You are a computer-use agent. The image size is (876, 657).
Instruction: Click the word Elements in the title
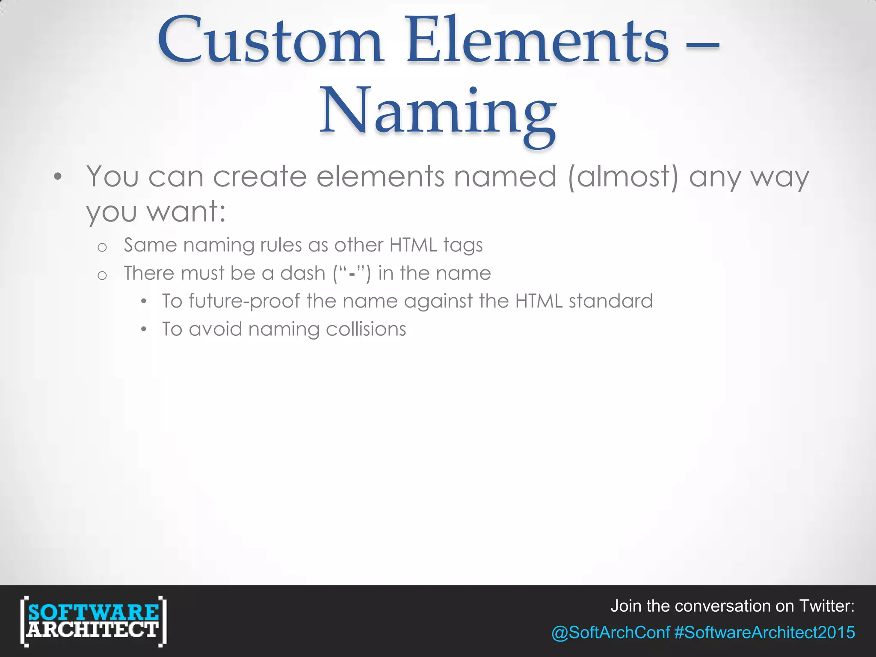[537, 42]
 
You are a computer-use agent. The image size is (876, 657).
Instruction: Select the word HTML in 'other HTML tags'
[413, 245]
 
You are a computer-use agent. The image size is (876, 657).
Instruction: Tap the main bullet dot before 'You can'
[58, 177]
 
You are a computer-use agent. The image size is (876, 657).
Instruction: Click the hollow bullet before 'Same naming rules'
[102, 247]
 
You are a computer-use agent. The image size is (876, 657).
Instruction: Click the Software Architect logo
[93, 621]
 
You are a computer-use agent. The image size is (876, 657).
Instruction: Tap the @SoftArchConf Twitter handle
[610, 632]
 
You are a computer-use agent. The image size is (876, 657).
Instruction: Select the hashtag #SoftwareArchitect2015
[764, 632]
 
